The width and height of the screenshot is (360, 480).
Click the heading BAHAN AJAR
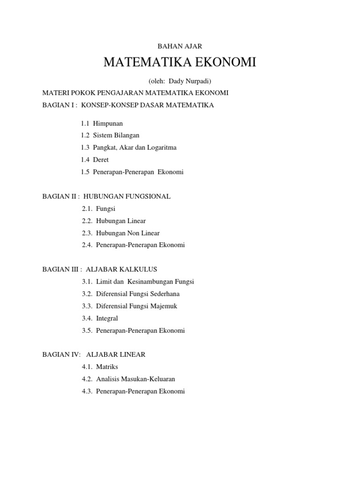(180, 46)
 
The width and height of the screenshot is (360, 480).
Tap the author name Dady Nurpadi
(186, 81)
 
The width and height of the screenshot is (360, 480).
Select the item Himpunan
(108, 123)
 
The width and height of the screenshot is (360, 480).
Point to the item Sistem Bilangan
(116, 135)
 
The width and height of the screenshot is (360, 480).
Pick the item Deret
(101, 160)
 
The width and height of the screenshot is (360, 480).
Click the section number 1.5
(85, 172)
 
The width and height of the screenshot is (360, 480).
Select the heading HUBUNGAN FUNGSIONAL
(127, 196)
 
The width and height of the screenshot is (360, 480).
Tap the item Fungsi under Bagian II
(105, 209)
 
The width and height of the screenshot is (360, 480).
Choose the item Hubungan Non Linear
(128, 233)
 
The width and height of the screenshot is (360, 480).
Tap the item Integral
(107, 318)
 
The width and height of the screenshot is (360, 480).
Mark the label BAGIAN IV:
(61, 355)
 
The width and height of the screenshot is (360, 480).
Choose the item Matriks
(107, 367)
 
